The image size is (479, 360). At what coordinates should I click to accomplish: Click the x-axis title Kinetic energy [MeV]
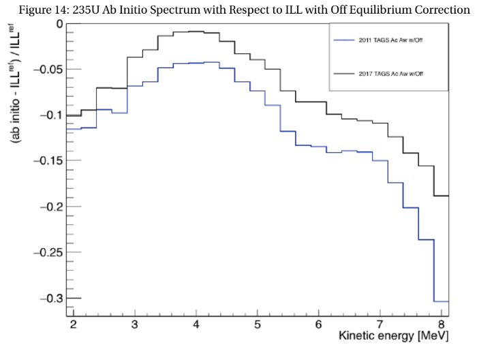395,337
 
